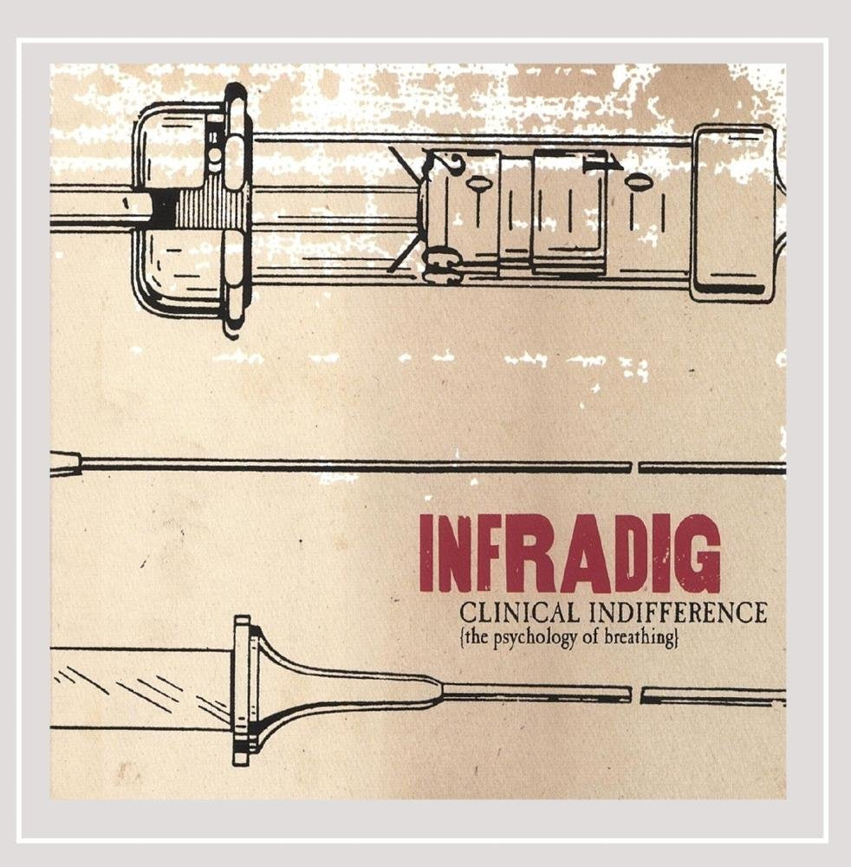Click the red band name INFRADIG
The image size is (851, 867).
(570, 553)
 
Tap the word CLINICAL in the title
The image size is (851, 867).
(519, 613)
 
